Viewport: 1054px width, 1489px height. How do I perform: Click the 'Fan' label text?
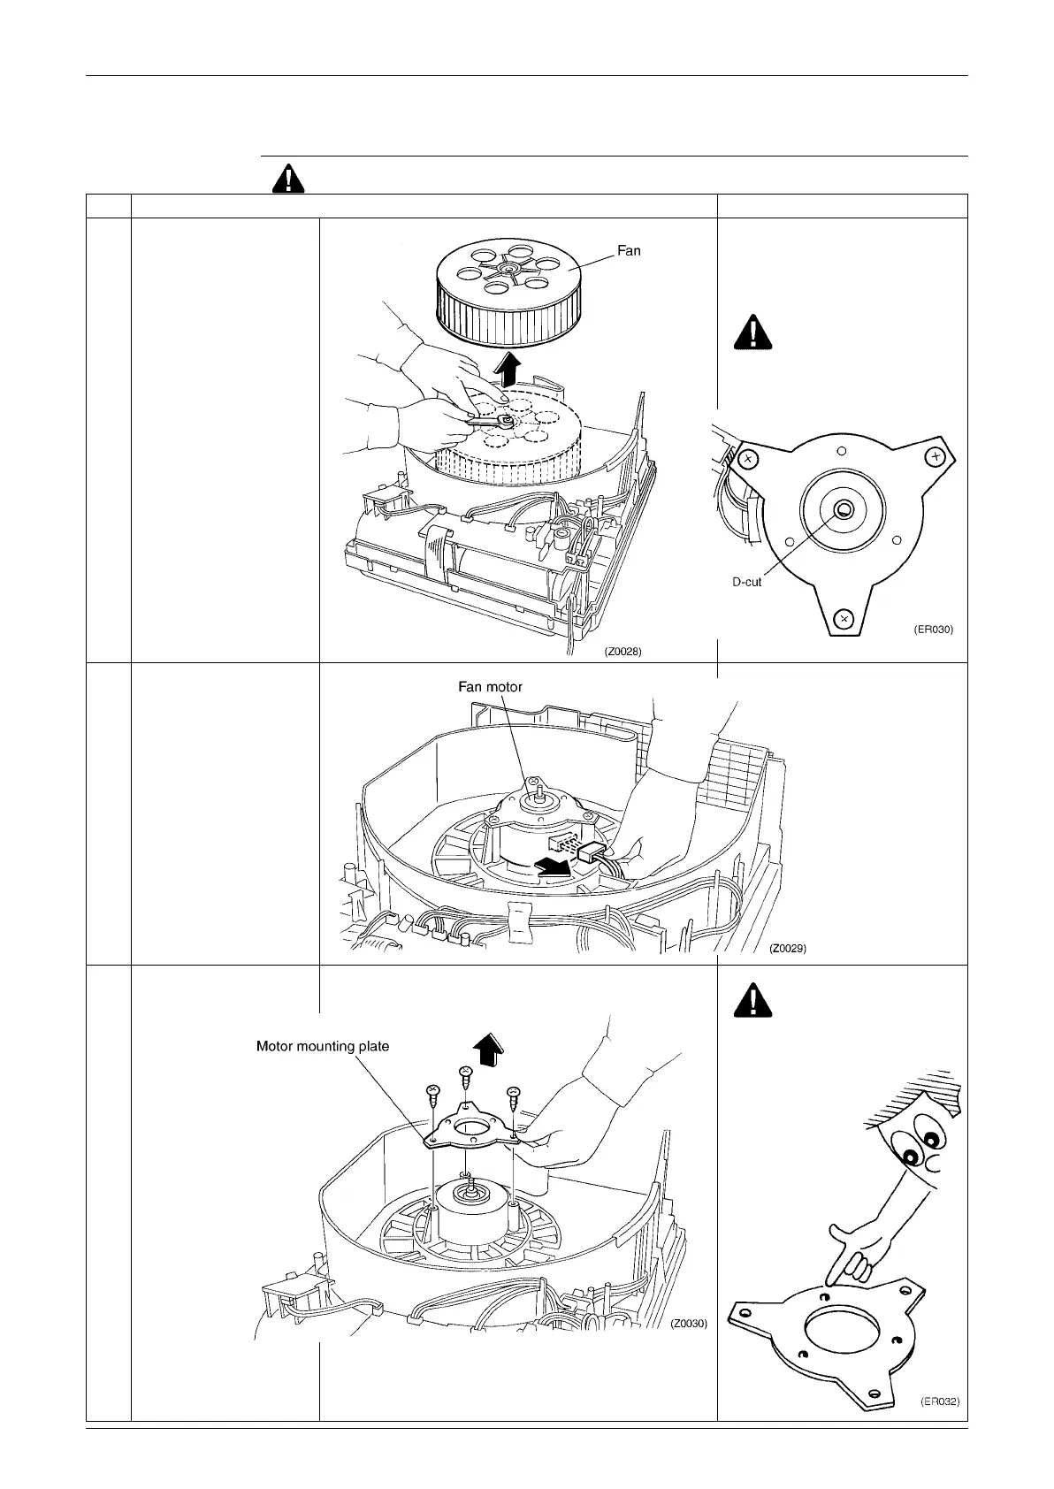[x=629, y=250]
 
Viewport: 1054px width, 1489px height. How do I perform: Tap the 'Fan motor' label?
[x=490, y=686]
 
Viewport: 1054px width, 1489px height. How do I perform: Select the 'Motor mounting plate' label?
[x=322, y=1046]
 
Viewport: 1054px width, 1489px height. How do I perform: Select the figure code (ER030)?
[x=933, y=630]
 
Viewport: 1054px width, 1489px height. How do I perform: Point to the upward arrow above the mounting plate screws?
[x=489, y=1051]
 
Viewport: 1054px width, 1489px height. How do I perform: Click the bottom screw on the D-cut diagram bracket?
[x=844, y=616]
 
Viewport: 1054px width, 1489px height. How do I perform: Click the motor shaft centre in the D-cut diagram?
[x=843, y=508]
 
